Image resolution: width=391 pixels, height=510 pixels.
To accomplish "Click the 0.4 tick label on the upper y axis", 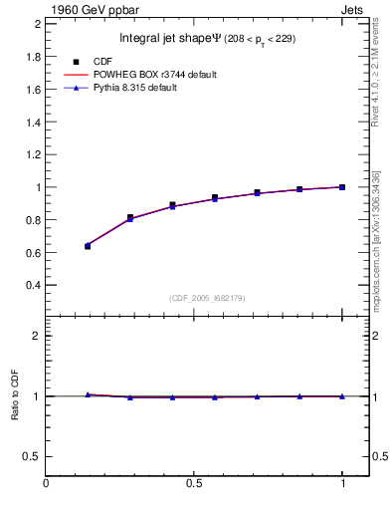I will (x=34, y=285).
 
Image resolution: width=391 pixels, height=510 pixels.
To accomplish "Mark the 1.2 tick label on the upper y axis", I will (x=34, y=154).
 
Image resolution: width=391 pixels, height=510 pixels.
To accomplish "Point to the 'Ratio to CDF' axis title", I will (x=15, y=395).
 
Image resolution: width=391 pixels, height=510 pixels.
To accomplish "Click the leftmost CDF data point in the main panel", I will (x=88, y=246).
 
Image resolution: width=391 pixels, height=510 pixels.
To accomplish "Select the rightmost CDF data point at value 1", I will (x=342, y=187).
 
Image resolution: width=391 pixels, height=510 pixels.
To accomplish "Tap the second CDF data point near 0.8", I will (x=130, y=217).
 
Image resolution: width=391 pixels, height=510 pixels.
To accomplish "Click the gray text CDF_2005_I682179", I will (x=207, y=297).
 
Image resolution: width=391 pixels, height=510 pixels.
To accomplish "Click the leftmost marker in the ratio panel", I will (x=88, y=394).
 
